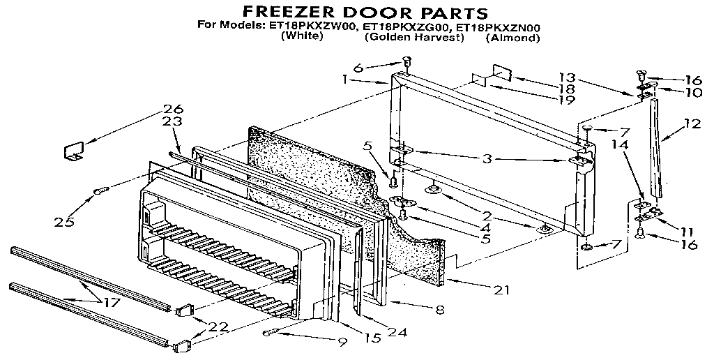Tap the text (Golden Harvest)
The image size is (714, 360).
tap(413, 38)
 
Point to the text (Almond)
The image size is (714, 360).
tap(512, 38)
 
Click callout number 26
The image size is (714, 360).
tap(173, 109)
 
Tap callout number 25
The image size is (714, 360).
tap(66, 222)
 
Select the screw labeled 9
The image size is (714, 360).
tap(269, 333)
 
